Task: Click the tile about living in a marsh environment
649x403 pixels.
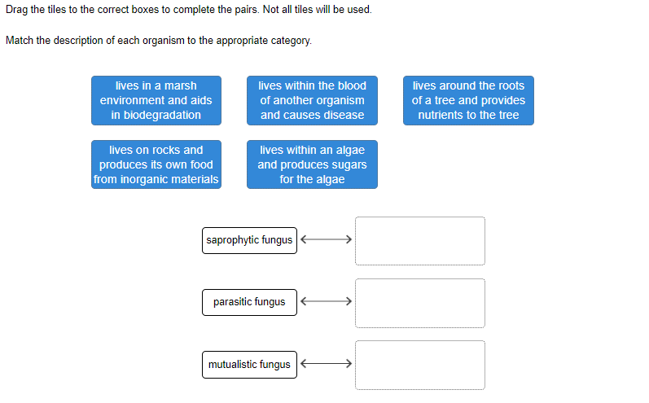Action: pos(156,100)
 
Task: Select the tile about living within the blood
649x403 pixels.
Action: pos(312,100)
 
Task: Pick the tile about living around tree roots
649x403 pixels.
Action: pos(468,100)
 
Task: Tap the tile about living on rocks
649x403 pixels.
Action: pos(156,164)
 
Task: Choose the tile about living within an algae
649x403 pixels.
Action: pos(312,164)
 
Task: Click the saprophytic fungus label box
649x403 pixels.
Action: pos(249,240)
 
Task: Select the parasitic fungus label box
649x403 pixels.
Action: pos(249,303)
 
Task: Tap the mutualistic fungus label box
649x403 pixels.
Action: pos(249,365)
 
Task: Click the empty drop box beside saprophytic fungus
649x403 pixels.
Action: pos(420,241)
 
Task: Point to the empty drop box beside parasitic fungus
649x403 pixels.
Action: pos(420,304)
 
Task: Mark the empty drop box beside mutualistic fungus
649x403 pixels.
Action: pos(420,365)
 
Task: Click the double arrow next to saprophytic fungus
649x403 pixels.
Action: pos(327,239)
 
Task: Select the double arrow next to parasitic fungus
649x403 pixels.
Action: pos(327,301)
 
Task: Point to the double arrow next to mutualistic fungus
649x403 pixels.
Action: pos(327,364)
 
